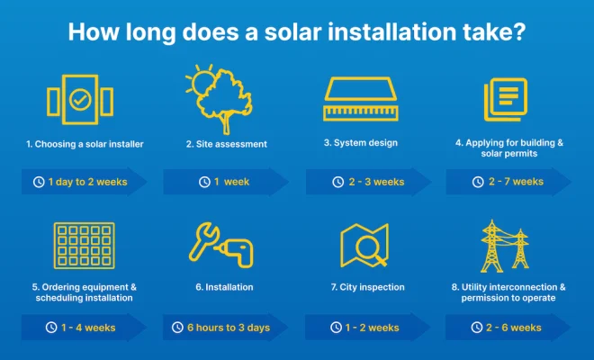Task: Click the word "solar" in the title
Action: click(x=293, y=31)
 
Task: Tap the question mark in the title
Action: click(x=519, y=31)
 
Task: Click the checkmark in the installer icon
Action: click(x=80, y=100)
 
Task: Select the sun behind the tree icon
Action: click(x=200, y=82)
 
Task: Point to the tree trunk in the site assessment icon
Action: click(x=226, y=123)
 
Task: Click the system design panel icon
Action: click(x=361, y=99)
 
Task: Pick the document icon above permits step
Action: click(x=506, y=100)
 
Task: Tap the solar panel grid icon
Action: click(x=84, y=246)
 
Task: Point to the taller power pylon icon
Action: click(x=492, y=246)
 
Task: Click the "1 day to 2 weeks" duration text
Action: click(x=88, y=182)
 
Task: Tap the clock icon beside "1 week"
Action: click(x=204, y=182)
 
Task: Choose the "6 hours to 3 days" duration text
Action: click(x=229, y=328)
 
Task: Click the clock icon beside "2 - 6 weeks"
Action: click(x=477, y=327)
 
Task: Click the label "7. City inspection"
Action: click(x=367, y=287)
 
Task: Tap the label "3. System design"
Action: click(x=361, y=143)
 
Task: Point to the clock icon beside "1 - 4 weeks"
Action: click(x=51, y=328)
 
